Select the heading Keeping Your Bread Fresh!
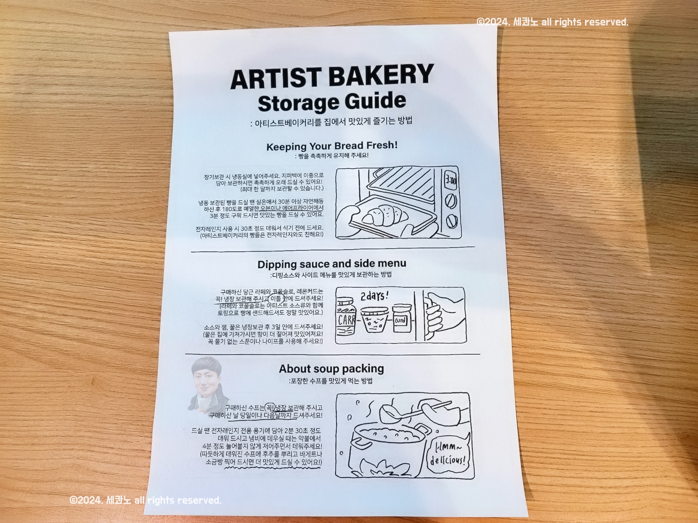click(332, 146)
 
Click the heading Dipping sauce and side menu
click(332, 264)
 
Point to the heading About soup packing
click(331, 369)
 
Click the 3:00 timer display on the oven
click(450, 181)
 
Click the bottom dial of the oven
click(452, 220)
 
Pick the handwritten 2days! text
click(374, 296)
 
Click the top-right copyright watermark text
click(552, 22)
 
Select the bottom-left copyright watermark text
click(145, 500)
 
